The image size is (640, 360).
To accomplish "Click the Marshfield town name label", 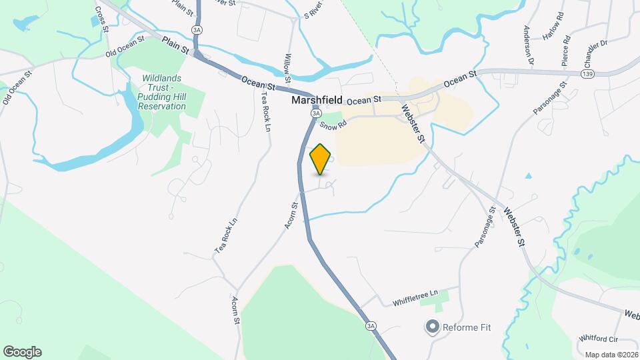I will click(x=317, y=101).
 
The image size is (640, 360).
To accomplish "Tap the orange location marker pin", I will click(x=321, y=159).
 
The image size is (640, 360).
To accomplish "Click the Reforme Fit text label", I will click(x=467, y=327).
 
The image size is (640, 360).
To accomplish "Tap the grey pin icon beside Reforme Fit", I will click(x=432, y=327).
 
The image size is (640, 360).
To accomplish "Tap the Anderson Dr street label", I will click(x=529, y=45).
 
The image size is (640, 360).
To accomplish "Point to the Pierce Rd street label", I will click(x=565, y=49).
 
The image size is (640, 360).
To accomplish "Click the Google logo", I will click(x=22, y=352).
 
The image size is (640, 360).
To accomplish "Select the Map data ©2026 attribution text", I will click(x=611, y=355).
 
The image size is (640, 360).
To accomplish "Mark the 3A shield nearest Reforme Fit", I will click(x=371, y=326).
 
